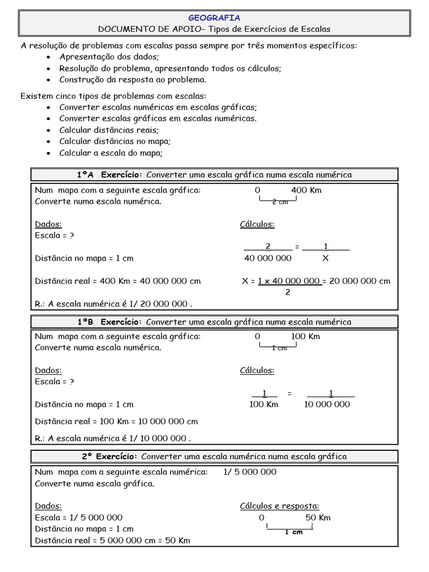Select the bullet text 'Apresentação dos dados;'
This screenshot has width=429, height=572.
(109, 57)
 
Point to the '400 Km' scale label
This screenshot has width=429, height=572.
(306, 190)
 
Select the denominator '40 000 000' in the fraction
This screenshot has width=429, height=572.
(268, 258)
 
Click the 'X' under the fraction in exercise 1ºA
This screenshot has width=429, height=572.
(326, 258)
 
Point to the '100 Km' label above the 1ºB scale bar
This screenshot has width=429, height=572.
(306, 336)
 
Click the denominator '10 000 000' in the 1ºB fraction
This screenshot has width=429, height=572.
(327, 404)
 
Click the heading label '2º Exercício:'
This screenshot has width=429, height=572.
(110, 456)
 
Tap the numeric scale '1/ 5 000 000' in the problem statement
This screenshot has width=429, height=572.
(250, 471)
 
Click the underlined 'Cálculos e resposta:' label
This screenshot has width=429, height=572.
(279, 506)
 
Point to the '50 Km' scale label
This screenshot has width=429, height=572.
(318, 517)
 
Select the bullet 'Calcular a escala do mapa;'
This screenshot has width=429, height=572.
(111, 152)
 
